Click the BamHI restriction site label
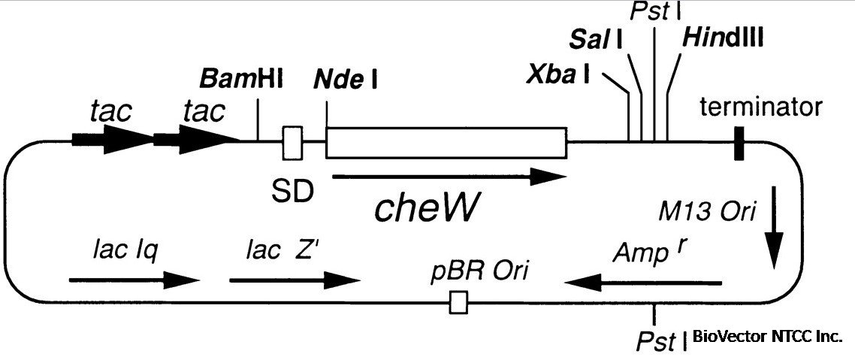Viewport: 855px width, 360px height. pyautogui.click(x=241, y=78)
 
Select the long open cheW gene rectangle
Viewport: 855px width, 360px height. pyautogui.click(x=446, y=142)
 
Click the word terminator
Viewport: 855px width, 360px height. pyautogui.click(x=760, y=107)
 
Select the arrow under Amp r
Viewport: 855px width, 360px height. pyautogui.click(x=644, y=283)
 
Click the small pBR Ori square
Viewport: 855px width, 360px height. pyautogui.click(x=458, y=303)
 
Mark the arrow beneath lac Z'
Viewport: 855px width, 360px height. pyautogui.click(x=295, y=280)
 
